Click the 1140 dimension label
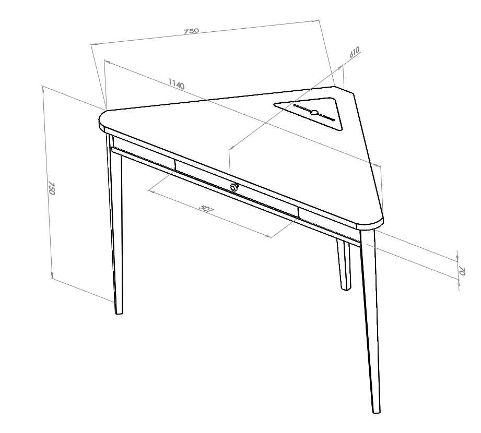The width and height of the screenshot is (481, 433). (177, 83)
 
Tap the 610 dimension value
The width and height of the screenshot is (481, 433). (354, 52)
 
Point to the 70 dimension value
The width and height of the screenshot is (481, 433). (462, 271)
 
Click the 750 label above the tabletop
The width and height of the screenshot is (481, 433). (192, 31)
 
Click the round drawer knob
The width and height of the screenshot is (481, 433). (234, 187)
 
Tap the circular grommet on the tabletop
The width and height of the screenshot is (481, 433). (313, 112)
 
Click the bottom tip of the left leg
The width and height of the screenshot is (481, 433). (119, 313)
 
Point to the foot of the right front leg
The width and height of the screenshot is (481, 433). (377, 412)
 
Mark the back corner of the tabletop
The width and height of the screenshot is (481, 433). (336, 87)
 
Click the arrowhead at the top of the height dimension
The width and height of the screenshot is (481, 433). (43, 88)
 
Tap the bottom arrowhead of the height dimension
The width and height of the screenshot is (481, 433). (52, 276)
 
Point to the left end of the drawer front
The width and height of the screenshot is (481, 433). (175, 164)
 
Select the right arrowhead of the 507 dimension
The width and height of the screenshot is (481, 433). (269, 236)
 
